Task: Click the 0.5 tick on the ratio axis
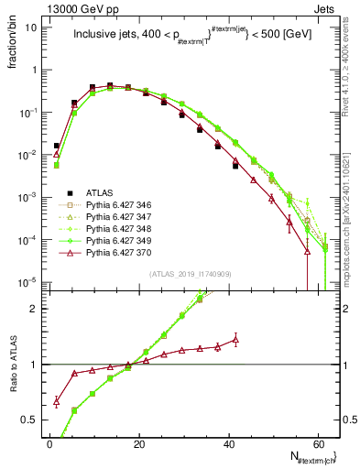(33, 420)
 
